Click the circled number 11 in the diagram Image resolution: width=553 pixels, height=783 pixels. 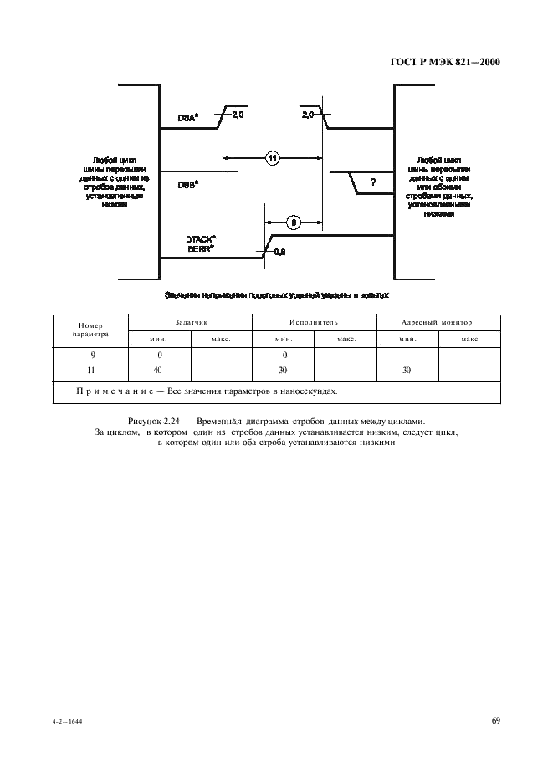(273, 157)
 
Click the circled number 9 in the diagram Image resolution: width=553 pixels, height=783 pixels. (293, 223)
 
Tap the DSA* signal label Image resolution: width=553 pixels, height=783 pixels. (187, 118)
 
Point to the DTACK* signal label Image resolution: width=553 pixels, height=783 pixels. (200, 239)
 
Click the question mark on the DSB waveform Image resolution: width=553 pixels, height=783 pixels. (372, 182)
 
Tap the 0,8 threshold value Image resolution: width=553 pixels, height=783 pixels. (280, 252)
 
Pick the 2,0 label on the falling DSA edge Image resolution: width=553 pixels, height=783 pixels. (306, 114)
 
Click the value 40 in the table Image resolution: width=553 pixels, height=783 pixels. (159, 369)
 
